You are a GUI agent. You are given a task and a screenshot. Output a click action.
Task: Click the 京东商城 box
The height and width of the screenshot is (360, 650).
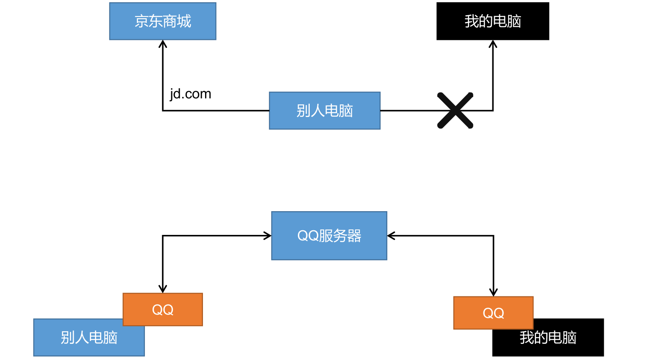tap(163, 21)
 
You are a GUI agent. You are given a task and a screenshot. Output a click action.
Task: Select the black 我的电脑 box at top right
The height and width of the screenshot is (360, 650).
tap(493, 21)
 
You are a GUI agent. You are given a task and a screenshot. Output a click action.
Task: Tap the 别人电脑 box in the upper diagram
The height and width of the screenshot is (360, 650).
tap(325, 111)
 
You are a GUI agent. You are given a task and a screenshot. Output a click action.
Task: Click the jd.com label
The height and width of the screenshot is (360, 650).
tap(190, 94)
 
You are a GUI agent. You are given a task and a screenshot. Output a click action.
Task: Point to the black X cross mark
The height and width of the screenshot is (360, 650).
tap(455, 110)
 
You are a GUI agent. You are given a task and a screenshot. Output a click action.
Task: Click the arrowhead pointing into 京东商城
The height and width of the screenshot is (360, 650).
tap(163, 43)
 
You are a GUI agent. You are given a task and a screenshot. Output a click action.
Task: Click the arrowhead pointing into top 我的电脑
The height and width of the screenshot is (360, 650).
tap(493, 43)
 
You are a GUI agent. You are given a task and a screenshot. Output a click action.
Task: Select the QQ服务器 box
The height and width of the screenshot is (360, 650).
tap(329, 236)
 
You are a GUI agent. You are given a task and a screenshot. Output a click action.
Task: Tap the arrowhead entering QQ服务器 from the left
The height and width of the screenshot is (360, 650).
tap(268, 236)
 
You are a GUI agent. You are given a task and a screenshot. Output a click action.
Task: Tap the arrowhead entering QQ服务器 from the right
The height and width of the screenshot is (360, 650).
tap(390, 236)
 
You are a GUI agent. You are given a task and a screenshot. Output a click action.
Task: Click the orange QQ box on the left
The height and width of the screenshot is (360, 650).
tap(163, 310)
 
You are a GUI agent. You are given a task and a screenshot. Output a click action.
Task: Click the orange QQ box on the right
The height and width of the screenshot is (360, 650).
tap(493, 313)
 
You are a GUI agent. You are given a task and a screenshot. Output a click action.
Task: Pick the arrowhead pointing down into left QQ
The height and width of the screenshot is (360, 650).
tap(163, 290)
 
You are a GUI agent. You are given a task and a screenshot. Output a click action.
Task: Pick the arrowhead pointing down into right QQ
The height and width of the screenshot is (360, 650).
tap(493, 293)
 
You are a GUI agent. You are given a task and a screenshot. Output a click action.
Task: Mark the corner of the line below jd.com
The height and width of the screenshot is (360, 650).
tap(163, 111)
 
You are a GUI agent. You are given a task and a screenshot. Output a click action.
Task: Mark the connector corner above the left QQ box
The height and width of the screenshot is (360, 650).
tap(163, 236)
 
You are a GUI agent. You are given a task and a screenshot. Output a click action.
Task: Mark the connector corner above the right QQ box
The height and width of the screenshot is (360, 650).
tap(493, 236)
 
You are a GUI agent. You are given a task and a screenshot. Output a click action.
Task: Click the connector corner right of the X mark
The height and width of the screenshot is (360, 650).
tap(493, 111)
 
